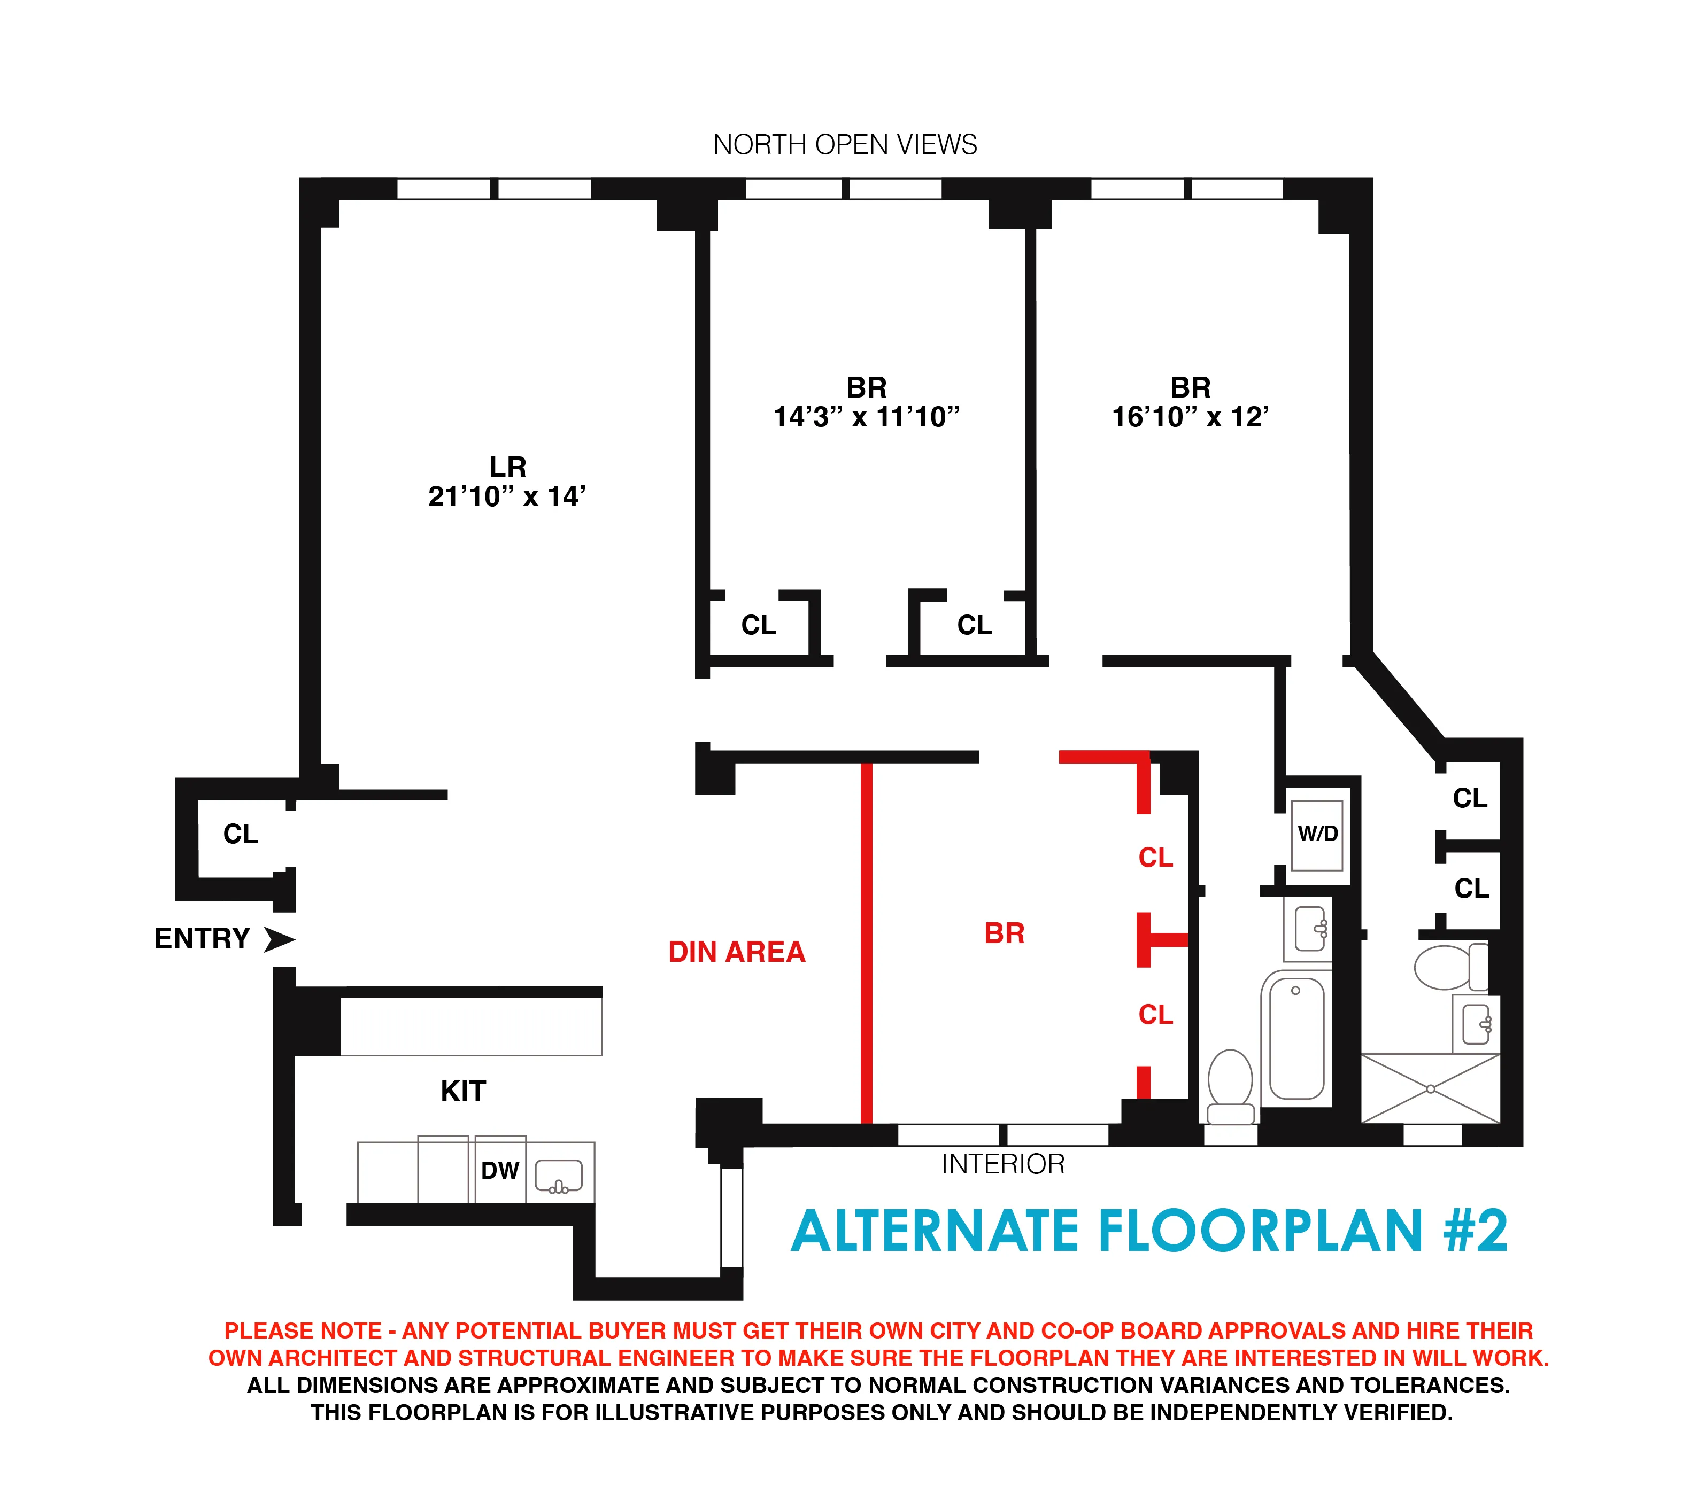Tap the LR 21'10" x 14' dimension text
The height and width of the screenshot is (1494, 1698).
[x=507, y=496]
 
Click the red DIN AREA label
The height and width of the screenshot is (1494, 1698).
[x=736, y=952]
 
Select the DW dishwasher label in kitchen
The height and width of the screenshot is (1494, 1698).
[x=499, y=1170]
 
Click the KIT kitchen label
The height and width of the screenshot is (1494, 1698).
[x=462, y=1091]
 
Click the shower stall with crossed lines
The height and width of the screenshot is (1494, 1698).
[x=1431, y=1088]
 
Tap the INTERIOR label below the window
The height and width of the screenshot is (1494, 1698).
[x=1002, y=1164]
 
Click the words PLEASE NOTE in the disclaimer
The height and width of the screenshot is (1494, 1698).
[x=303, y=1331]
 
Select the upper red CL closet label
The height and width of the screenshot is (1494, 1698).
[x=1155, y=857]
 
